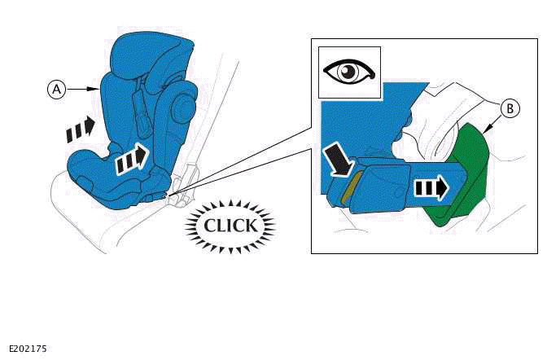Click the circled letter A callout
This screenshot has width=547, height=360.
coord(56,90)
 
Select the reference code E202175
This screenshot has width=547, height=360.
coord(28,349)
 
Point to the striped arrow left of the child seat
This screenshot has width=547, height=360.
coord(80,127)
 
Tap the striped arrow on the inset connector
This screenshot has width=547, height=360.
coord(429,188)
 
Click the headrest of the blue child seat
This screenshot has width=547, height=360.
coord(155,57)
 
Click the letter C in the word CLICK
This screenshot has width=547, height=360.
coord(209,225)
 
